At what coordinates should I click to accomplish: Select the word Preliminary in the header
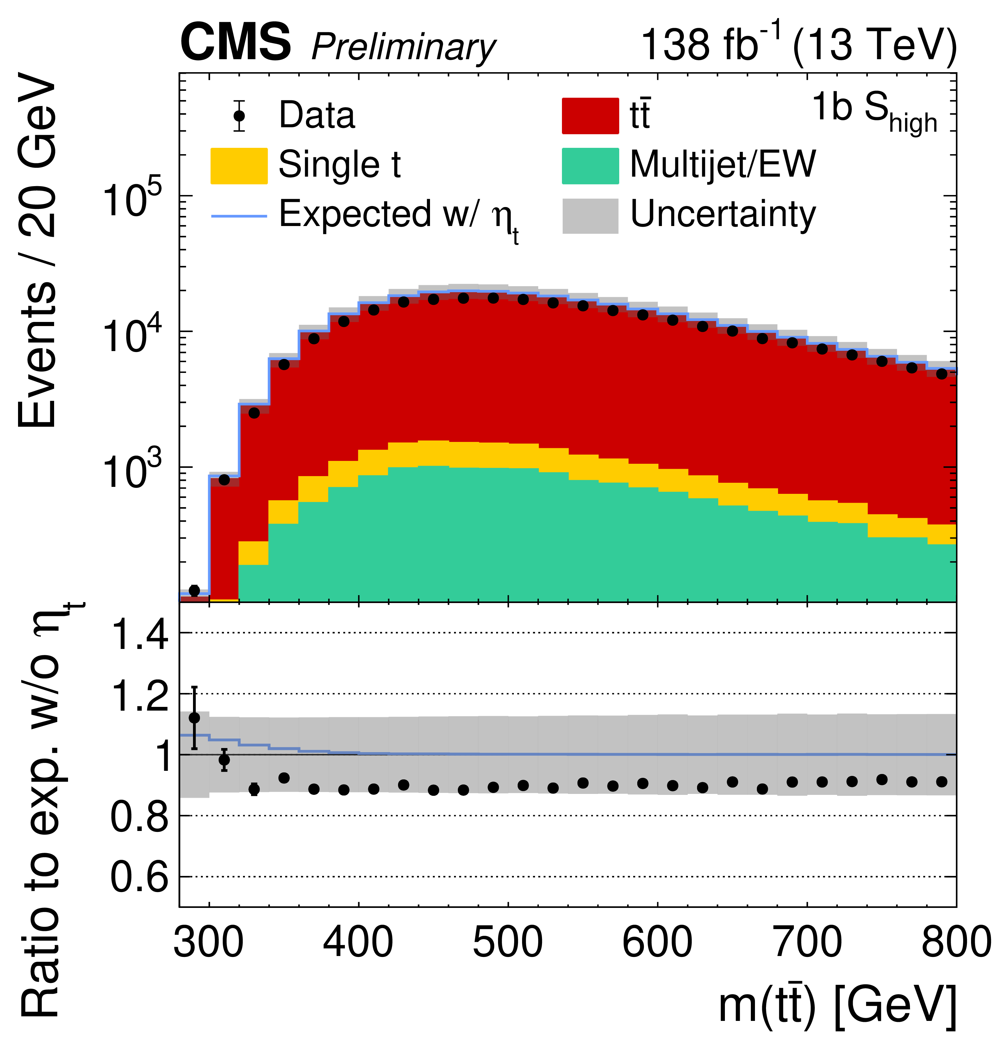click(x=403, y=47)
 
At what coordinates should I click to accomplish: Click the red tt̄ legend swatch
click(x=590, y=116)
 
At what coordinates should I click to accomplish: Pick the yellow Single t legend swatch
click(x=239, y=166)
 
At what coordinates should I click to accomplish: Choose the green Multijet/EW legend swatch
click(x=590, y=166)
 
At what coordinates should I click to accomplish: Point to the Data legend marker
click(x=239, y=116)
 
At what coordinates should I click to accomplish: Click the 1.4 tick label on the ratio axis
click(x=140, y=634)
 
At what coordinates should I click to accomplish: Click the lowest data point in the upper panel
click(x=194, y=590)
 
